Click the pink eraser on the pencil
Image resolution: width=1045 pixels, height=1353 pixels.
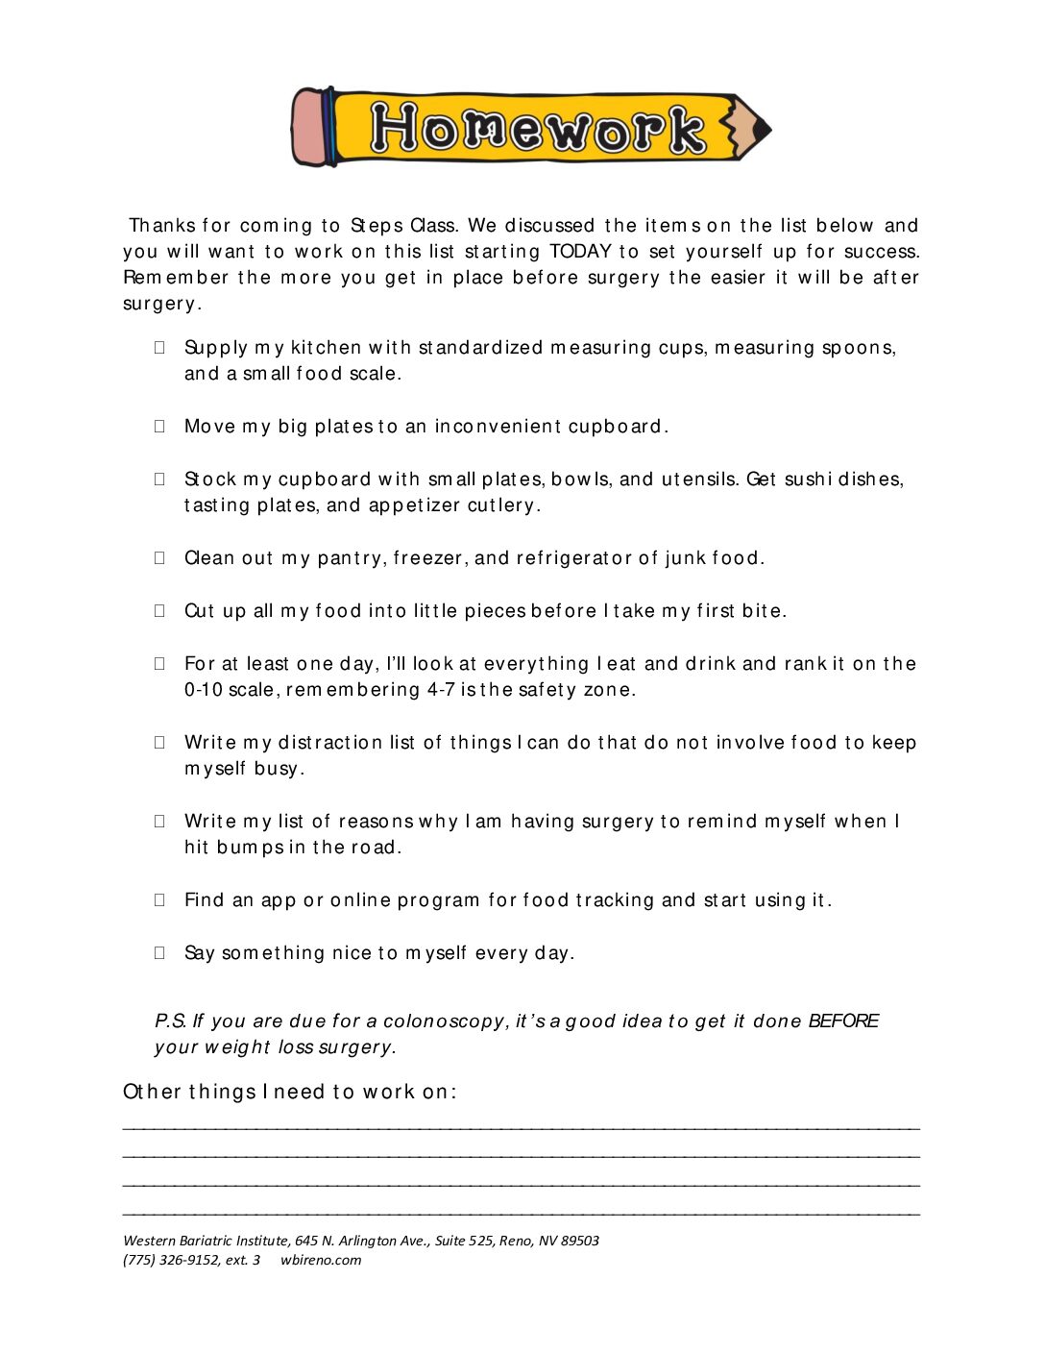309,128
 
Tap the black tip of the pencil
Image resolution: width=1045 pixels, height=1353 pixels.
762,128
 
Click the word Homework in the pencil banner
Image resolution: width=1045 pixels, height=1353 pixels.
538,128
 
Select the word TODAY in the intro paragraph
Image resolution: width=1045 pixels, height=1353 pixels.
580,252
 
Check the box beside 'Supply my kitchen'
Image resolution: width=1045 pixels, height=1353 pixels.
159,348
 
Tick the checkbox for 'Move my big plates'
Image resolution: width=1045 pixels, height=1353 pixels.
159,427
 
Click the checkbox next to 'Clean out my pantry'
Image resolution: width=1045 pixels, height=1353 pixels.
159,558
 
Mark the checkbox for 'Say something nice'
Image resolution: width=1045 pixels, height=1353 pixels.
159,953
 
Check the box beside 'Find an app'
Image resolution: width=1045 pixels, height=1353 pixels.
159,900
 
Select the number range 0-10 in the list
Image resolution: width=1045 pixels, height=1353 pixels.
203,690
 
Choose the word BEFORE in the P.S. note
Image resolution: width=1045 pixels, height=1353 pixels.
843,1021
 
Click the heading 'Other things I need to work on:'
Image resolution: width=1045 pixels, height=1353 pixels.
290,1093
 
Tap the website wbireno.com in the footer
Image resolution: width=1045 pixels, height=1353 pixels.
321,1261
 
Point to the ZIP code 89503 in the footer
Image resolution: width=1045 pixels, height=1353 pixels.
580,1242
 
